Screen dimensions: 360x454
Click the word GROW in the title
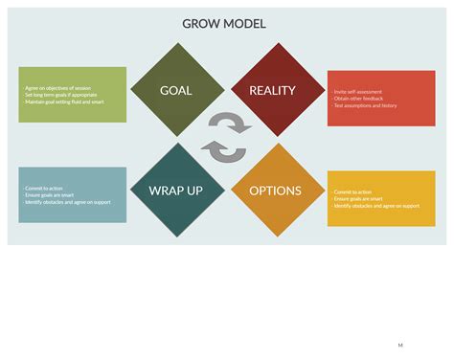[x=201, y=24]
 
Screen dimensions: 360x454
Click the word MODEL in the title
[x=243, y=24]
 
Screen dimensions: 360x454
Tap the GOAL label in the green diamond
[x=175, y=91]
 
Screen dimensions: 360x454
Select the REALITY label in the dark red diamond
[x=272, y=91]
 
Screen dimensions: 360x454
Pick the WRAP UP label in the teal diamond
[x=175, y=191]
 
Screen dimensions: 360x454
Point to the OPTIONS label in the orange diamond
[x=275, y=191]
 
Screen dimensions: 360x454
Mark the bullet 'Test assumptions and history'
[x=363, y=105]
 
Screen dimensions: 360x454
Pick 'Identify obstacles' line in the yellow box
[x=375, y=206]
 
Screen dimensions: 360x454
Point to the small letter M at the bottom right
[x=400, y=344]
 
